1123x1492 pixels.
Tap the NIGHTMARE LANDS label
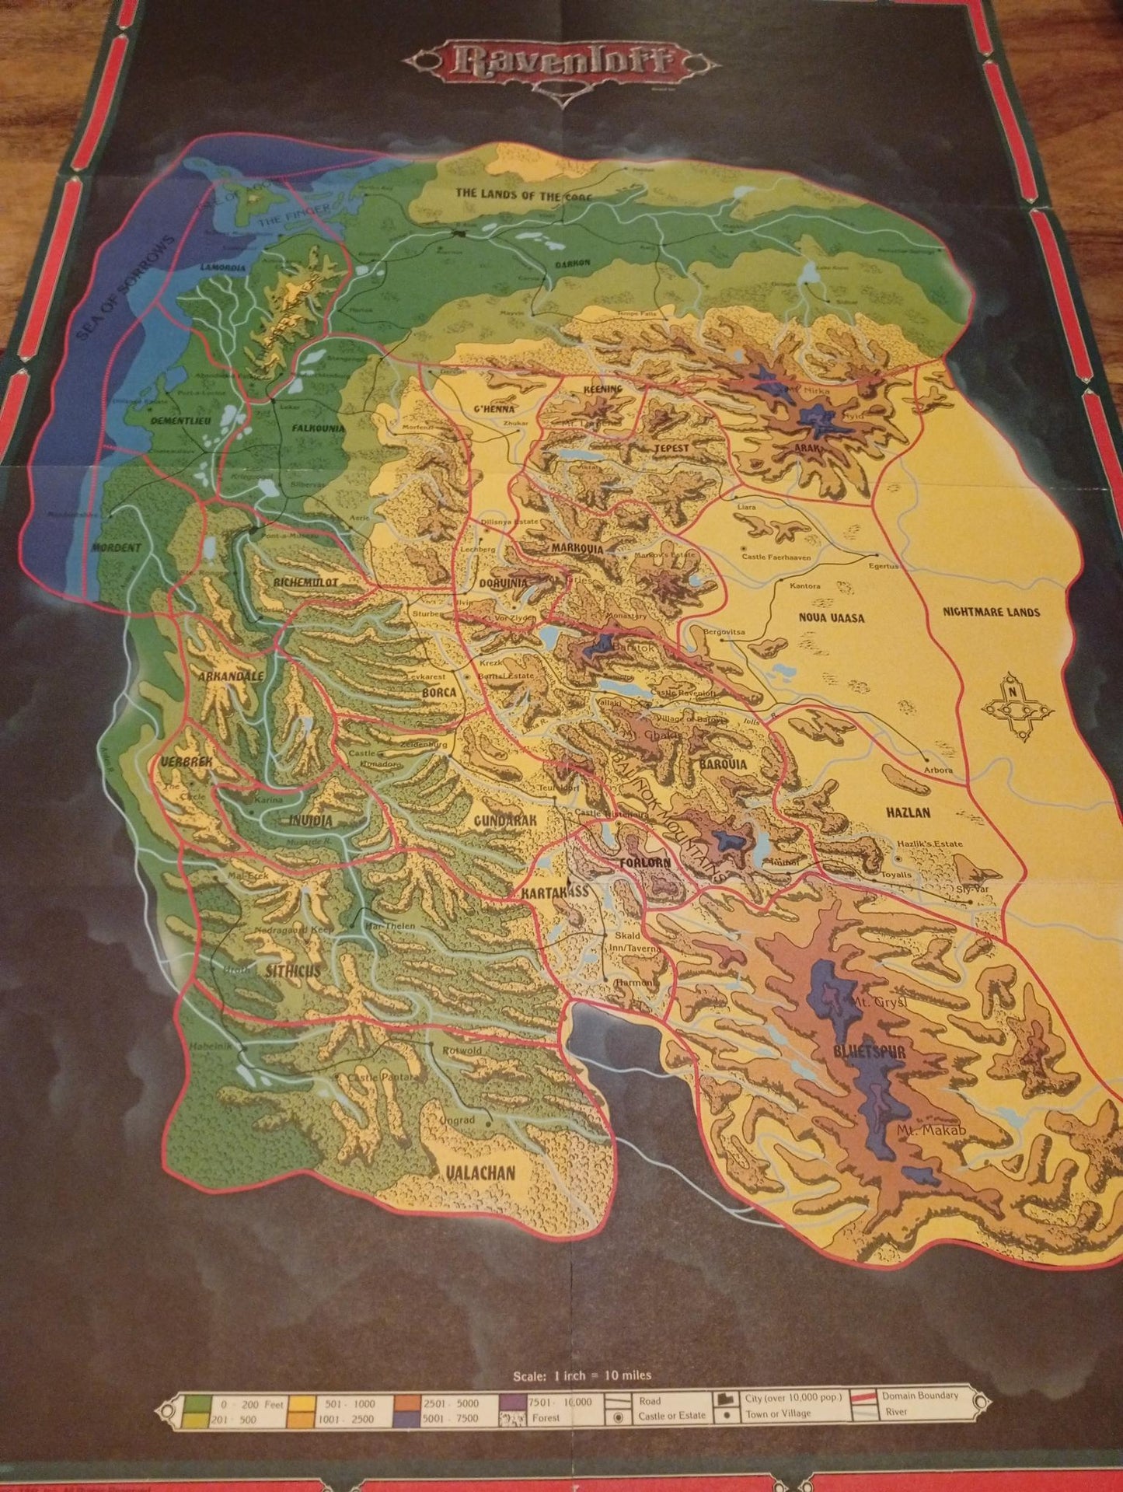coord(991,612)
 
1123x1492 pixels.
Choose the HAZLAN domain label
coord(907,812)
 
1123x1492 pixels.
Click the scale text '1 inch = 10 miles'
coord(582,1376)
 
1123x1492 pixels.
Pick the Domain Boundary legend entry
coord(919,1396)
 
